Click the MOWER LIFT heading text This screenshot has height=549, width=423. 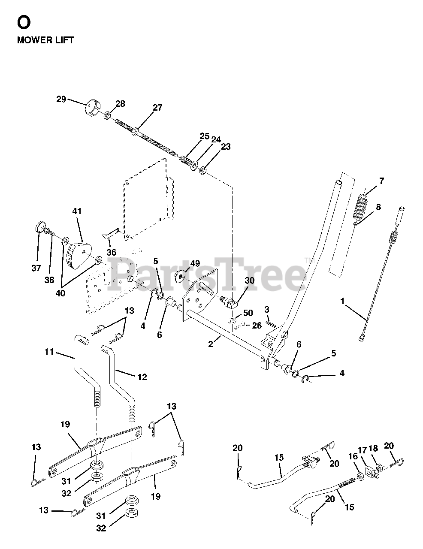(45, 40)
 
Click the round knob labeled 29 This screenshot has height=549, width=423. (91, 106)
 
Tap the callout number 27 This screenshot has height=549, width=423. (157, 108)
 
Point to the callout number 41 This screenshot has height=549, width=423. (77, 211)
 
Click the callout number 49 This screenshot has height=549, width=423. (195, 264)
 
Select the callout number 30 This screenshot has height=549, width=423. (249, 281)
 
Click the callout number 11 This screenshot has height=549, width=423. (49, 352)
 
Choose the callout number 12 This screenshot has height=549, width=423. (142, 377)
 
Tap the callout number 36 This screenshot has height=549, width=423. (111, 253)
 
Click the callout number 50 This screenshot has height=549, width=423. (248, 313)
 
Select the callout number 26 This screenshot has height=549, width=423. (257, 326)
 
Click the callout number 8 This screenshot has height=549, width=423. (378, 207)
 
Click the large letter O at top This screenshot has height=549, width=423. (24, 21)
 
